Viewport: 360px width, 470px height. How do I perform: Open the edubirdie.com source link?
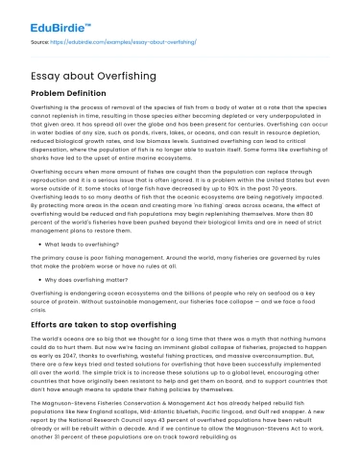point(128,43)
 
